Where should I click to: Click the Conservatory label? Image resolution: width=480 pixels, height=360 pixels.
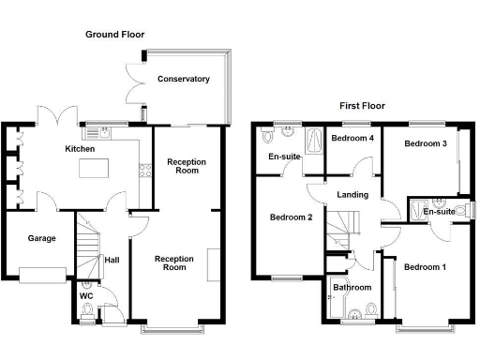[x=184, y=80]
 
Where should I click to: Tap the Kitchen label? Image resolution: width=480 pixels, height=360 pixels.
[x=79, y=149]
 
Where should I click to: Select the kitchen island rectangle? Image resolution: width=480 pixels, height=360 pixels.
[x=94, y=170]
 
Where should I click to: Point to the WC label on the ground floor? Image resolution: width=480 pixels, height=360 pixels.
[x=85, y=296]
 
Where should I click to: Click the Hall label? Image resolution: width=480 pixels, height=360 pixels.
[x=112, y=260]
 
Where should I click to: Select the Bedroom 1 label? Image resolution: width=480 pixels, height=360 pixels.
[x=427, y=267]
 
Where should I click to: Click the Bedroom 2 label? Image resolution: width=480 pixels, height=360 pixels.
[x=291, y=217]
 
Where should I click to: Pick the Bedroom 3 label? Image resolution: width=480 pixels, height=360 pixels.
[x=425, y=143]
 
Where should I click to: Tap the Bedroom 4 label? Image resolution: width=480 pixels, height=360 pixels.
[x=352, y=139]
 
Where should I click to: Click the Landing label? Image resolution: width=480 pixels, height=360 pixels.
[x=352, y=195]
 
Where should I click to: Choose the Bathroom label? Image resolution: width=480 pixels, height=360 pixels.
[x=352, y=287]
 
